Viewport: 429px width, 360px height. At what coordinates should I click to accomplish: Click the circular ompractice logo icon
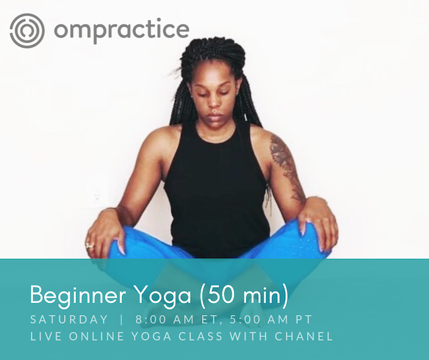coord(27,30)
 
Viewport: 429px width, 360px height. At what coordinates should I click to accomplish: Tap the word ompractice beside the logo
coord(121,30)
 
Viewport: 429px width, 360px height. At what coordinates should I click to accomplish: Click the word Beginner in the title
coord(78,295)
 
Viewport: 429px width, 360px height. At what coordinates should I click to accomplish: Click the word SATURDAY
coord(69,320)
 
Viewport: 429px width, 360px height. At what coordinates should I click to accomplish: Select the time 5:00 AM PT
coord(271,320)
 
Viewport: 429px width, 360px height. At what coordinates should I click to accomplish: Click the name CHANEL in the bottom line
coord(304,336)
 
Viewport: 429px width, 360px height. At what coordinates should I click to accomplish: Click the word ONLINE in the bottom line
coord(96,336)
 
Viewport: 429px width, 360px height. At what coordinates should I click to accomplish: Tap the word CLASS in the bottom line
coord(201,336)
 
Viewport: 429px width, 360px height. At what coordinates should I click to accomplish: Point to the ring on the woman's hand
coord(90,246)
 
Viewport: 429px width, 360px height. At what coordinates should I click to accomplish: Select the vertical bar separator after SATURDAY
coord(121,320)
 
